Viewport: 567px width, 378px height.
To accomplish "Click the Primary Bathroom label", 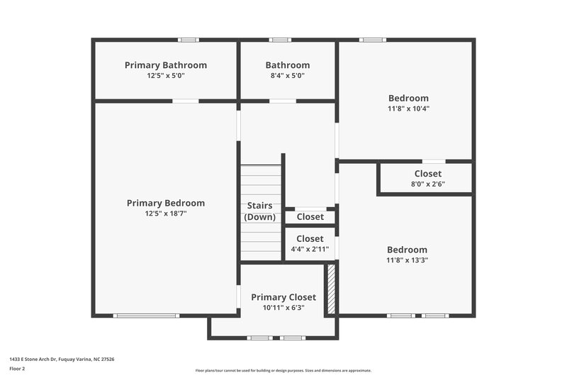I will pyautogui.click(x=166, y=65).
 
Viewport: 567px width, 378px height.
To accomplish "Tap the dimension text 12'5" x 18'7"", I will pyautogui.click(x=166, y=213).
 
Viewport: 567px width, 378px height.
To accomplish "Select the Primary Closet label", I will pyautogui.click(x=283, y=297).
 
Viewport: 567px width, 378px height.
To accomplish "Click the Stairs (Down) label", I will pyautogui.click(x=260, y=211).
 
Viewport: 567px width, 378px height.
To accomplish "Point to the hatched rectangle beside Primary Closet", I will pyautogui.click(x=330, y=289).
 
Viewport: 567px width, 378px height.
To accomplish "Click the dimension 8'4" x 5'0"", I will pyautogui.click(x=287, y=75).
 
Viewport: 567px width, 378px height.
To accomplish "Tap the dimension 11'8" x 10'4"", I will pyautogui.click(x=408, y=109).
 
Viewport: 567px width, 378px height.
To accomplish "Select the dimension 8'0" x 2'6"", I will pyautogui.click(x=427, y=184).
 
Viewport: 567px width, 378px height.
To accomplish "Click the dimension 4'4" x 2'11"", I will pyautogui.click(x=310, y=249).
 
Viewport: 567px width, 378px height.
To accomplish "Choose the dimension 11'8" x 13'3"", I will pyautogui.click(x=407, y=260).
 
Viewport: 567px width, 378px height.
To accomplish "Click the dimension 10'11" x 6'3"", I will pyautogui.click(x=283, y=308).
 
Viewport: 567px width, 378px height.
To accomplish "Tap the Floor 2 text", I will pyautogui.click(x=18, y=369).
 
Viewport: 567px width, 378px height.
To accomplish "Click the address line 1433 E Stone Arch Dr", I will pyautogui.click(x=62, y=360).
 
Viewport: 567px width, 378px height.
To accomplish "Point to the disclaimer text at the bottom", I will pyautogui.click(x=283, y=370).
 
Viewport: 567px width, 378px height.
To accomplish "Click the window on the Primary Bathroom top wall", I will pyautogui.click(x=189, y=40).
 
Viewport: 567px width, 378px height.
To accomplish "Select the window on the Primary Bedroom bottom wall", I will pyautogui.click(x=145, y=316).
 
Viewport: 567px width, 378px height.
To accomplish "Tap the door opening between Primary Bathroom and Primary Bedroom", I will pyautogui.click(x=186, y=101).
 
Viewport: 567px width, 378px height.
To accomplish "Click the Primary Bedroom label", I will pyautogui.click(x=166, y=203).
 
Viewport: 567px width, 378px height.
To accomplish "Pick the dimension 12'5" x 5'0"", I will pyautogui.click(x=166, y=75).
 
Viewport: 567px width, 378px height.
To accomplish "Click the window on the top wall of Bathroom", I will pyautogui.click(x=280, y=40).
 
